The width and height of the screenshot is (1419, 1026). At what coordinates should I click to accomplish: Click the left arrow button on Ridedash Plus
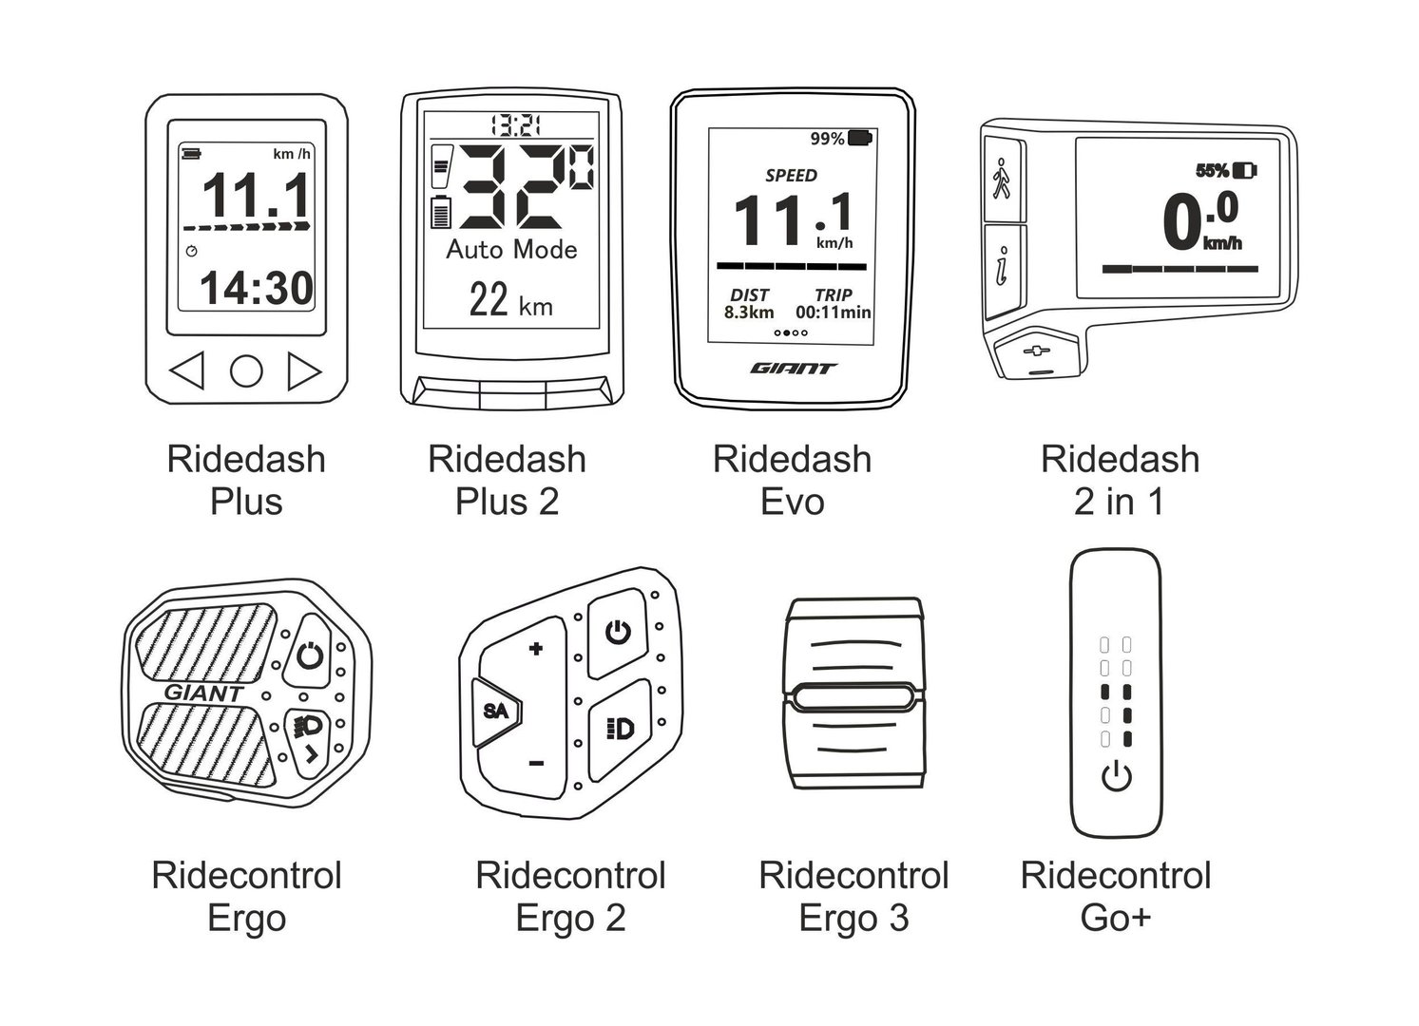click(188, 371)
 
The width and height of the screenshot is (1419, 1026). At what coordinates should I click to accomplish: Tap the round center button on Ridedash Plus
click(246, 371)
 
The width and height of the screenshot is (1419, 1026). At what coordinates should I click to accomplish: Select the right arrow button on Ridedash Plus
click(303, 371)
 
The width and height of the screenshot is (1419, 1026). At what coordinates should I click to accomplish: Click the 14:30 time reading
click(256, 287)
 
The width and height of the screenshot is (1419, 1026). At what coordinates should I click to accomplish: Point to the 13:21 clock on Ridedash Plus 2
click(515, 123)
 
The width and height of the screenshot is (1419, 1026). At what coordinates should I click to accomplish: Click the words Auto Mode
click(512, 250)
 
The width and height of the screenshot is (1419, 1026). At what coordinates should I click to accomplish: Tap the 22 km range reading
click(510, 302)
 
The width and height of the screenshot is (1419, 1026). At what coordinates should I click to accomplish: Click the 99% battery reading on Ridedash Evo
click(827, 140)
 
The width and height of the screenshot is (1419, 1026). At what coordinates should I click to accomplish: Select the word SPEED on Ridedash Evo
click(791, 176)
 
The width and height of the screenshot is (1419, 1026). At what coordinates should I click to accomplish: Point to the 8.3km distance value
click(749, 312)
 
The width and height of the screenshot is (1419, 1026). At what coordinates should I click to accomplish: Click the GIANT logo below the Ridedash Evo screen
click(794, 369)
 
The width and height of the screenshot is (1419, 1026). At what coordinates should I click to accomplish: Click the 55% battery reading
click(1212, 171)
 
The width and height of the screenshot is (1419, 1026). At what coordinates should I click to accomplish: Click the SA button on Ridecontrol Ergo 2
click(495, 711)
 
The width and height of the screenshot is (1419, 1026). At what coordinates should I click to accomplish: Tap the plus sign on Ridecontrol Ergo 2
click(536, 650)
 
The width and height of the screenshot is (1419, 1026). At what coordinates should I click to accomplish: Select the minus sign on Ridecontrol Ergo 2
click(536, 763)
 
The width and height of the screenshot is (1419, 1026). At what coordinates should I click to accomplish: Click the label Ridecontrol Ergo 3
click(853, 896)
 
